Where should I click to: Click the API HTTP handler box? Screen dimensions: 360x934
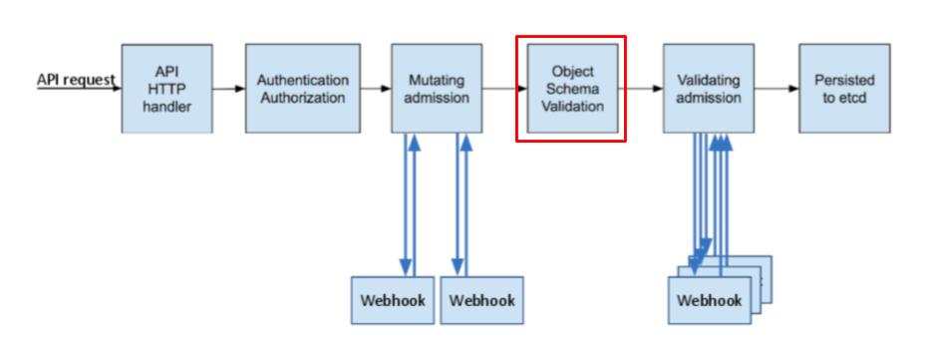point(166,89)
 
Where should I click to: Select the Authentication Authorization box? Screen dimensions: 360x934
point(302,89)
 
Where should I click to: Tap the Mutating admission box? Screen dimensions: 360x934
point(436,89)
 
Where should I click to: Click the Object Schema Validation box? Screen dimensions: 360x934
point(570,89)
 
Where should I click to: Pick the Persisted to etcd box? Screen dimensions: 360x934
point(843,89)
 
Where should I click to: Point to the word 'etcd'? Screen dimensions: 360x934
point(843,98)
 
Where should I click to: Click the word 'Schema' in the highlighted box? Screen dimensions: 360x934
point(570,89)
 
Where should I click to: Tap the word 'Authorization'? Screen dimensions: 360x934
point(302,98)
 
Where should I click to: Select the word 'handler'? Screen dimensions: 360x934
point(166,106)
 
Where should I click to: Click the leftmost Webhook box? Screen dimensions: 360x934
point(392,299)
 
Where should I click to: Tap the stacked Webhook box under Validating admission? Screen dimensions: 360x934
point(710,299)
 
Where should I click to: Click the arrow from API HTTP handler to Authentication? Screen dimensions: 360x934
point(228,89)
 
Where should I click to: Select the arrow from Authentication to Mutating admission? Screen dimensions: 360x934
point(375,89)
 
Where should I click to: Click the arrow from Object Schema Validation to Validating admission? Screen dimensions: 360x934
point(644,89)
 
